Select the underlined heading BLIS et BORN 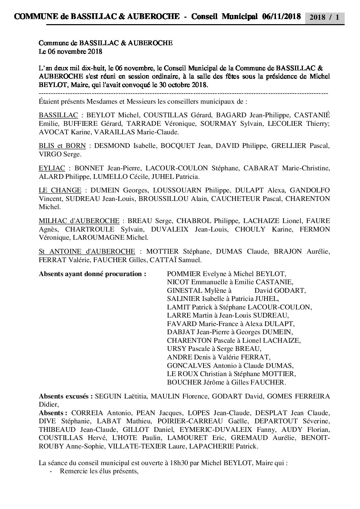point(62,146)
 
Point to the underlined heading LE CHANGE point(60,190)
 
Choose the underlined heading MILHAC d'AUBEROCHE point(79,221)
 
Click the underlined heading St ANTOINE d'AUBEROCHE point(87,252)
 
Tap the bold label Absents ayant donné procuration point(93,274)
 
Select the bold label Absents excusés point(66,396)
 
